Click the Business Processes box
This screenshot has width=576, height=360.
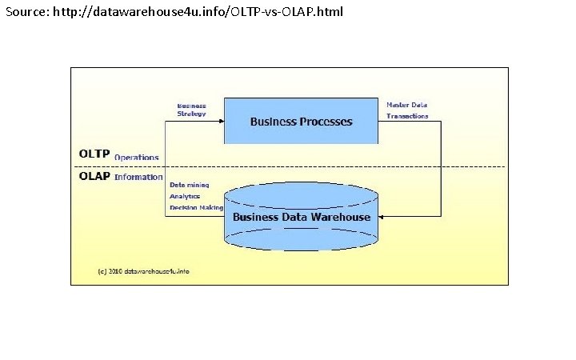pos(300,121)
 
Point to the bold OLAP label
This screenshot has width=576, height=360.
pos(94,176)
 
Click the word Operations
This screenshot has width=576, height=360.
pos(136,158)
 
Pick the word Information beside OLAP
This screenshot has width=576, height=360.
pos(138,177)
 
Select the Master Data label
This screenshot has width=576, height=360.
pos(406,105)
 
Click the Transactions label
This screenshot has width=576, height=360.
pos(407,116)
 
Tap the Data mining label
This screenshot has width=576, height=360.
pos(189,184)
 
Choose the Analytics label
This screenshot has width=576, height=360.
pos(185,195)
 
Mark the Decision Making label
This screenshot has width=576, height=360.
pos(196,207)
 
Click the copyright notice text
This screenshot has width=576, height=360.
pos(143,271)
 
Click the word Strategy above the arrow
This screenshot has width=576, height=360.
pos(192,114)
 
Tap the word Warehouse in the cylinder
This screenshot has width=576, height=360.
pos(341,217)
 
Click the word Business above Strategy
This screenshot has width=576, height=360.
pos(192,105)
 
